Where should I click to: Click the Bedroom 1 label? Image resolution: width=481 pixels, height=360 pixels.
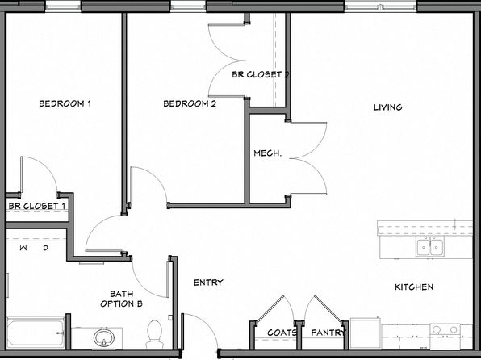tap(65, 104)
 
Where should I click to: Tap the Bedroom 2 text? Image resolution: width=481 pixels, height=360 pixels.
tap(190, 104)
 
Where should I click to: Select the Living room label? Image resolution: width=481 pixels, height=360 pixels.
tap(387, 107)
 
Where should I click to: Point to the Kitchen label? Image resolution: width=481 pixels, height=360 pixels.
tap(414, 287)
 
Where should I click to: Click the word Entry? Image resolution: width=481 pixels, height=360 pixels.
tap(208, 283)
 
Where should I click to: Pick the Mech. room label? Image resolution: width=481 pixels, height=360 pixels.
tap(267, 153)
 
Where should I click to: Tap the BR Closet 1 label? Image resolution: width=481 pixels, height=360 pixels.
tap(37, 206)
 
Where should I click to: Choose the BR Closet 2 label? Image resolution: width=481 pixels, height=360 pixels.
tap(260, 74)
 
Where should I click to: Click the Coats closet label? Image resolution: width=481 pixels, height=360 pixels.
tap(282, 333)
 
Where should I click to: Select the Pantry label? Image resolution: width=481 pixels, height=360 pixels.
tap(328, 333)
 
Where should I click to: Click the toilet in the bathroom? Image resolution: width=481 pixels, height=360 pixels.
tap(154, 334)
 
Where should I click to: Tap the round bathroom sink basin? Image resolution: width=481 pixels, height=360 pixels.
tap(104, 338)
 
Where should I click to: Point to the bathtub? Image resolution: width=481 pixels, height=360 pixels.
tap(36, 333)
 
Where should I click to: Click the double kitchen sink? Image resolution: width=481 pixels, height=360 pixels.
tap(430, 247)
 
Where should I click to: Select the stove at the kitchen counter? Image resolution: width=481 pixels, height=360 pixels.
tap(445, 336)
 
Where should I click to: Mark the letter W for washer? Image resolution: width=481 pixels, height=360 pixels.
tap(23, 248)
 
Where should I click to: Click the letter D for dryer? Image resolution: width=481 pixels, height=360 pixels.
tap(45, 248)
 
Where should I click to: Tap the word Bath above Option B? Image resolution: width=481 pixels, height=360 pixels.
tap(122, 294)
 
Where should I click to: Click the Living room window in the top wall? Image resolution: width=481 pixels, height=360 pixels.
tap(380, 6)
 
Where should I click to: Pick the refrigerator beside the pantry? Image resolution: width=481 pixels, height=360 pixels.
tap(366, 333)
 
